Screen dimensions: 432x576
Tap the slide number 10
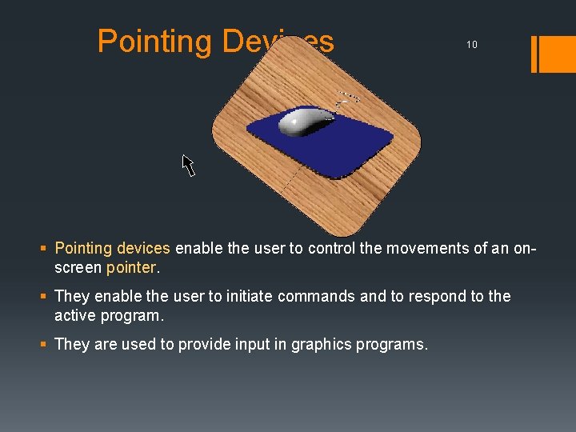tap(472, 45)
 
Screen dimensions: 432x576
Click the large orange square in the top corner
tap(558, 54)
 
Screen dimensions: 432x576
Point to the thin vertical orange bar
tap(534, 54)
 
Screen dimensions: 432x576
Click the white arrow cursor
tap(188, 165)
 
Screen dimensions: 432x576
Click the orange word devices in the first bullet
tap(143, 248)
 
